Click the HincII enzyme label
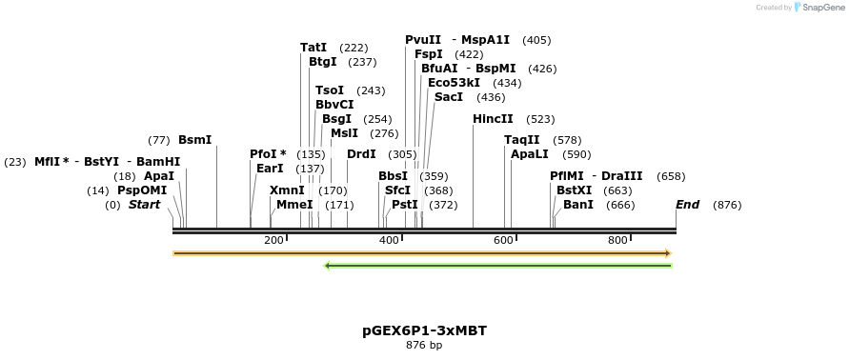[493, 119]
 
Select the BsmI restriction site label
[195, 140]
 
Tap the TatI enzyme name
[313, 48]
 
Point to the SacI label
[449, 97]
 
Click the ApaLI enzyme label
[530, 154]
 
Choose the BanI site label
[578, 205]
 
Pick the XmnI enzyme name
[287, 190]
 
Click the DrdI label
[361, 154]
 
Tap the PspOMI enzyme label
[142, 190]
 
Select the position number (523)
[540, 119]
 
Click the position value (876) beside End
[727, 205]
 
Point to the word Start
[145, 205]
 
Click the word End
[687, 205]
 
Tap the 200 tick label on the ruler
[273, 240]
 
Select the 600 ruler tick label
[504, 240]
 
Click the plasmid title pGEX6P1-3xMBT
[424, 330]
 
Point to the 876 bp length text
[424, 345]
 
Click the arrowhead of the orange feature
[668, 253]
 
